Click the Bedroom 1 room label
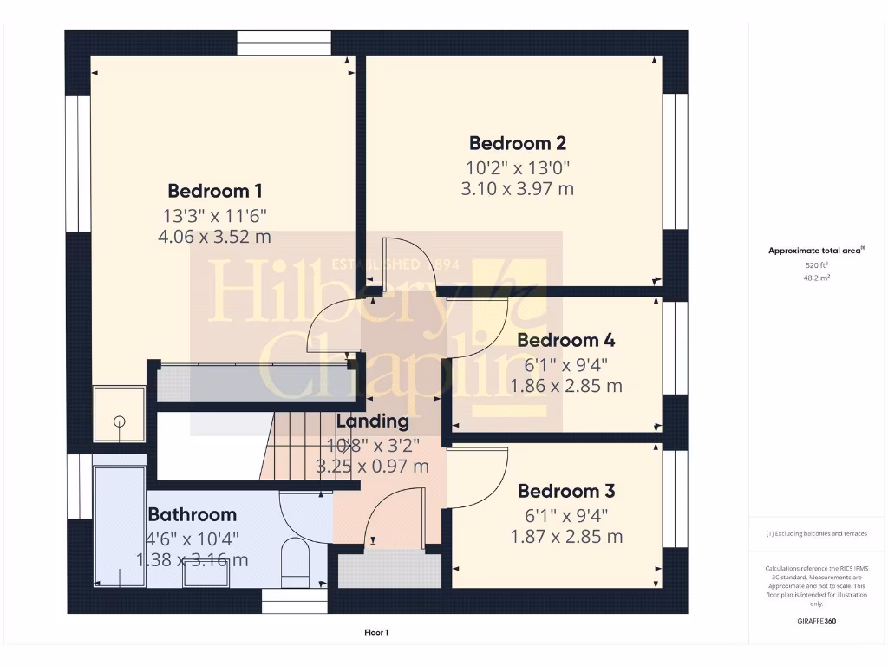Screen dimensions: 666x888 (215, 191)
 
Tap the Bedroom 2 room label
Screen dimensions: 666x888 (517, 143)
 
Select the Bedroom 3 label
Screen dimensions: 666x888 (565, 492)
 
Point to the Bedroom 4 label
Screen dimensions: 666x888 (565, 340)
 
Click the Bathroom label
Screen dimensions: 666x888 (192, 514)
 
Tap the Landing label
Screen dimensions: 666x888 (372, 421)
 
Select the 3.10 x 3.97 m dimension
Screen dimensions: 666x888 (517, 188)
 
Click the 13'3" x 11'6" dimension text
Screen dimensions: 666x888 (215, 215)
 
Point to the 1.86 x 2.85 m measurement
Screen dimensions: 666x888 (566, 386)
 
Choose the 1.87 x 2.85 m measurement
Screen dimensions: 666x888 (566, 537)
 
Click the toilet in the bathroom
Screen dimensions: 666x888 (297, 561)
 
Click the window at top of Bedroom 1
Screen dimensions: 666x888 (284, 43)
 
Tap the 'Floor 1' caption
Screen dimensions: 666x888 (376, 633)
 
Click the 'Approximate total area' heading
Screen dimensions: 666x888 (815, 251)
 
